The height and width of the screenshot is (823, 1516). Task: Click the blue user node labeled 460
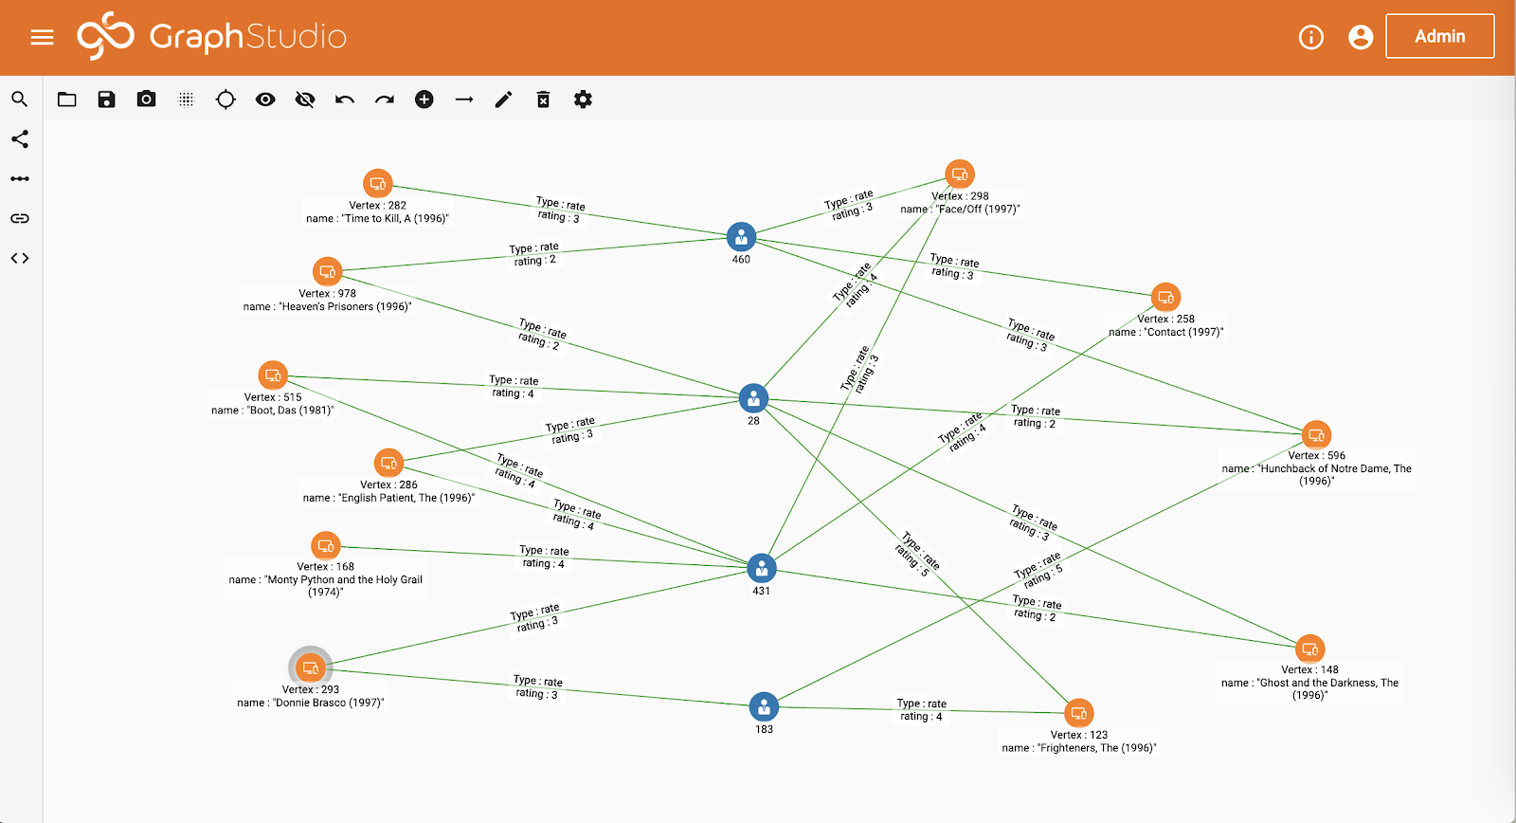point(741,237)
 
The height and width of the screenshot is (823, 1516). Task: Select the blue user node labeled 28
point(753,398)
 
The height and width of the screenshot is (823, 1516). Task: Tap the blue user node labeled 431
point(762,568)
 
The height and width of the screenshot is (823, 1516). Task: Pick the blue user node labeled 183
point(764,706)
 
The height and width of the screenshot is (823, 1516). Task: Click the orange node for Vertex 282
point(378,183)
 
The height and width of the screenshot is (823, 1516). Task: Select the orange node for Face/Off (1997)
point(960,174)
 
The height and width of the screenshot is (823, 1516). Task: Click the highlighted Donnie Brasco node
point(310,668)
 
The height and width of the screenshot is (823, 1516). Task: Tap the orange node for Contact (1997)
point(1165,297)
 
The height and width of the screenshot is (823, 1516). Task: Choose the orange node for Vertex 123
point(1079,713)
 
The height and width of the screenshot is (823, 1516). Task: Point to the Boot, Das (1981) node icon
point(273,375)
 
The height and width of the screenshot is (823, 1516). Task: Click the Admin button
point(1439,36)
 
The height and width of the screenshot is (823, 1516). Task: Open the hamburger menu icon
point(42,37)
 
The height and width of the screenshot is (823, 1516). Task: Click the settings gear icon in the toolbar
point(583,100)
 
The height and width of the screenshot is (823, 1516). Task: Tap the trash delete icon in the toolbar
point(543,100)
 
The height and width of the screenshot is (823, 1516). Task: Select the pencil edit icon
point(503,100)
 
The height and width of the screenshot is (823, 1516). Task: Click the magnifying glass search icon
point(20,100)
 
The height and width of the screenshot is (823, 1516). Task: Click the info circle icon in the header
point(1310,37)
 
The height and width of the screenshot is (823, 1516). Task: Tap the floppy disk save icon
point(106,100)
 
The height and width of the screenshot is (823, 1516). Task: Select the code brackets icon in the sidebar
point(20,258)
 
